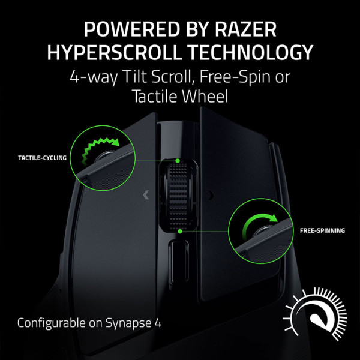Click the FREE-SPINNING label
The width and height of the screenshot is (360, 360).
click(323, 230)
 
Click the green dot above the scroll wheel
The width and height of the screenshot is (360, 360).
click(179, 161)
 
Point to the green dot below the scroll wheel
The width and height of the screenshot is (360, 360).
click(180, 230)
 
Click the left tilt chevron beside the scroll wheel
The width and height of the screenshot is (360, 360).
click(145, 194)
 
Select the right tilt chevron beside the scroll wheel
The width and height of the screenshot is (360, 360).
click(211, 194)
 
